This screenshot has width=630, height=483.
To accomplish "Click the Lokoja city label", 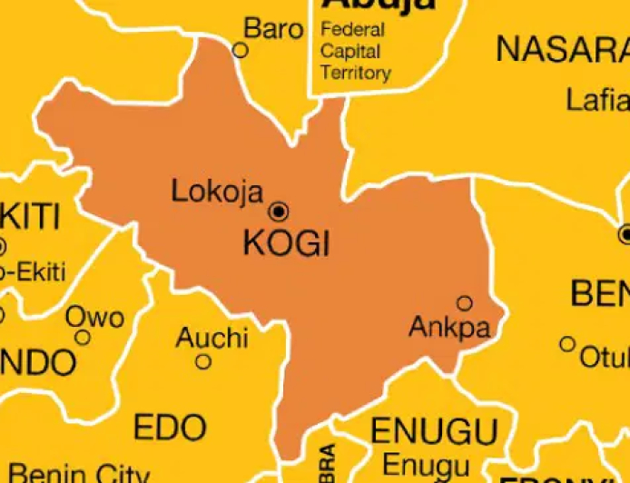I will click(x=217, y=192).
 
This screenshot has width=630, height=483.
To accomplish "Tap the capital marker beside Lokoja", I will click(x=279, y=212).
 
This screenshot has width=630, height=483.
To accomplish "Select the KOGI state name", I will click(x=286, y=243).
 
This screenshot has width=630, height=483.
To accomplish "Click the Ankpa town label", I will click(x=449, y=327).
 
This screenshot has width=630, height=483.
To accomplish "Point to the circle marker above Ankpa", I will click(x=465, y=303).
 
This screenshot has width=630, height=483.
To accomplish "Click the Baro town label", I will click(x=273, y=29).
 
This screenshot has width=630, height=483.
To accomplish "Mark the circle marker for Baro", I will click(x=241, y=50).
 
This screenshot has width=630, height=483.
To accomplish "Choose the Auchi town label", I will click(x=212, y=338).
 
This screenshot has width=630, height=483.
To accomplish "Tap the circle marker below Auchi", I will click(x=203, y=361).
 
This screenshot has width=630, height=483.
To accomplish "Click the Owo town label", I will click(x=94, y=317).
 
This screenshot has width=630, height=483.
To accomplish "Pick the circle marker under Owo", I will click(x=83, y=338).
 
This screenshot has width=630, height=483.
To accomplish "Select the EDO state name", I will click(x=170, y=426).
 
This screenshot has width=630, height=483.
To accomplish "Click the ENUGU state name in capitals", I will click(x=434, y=430).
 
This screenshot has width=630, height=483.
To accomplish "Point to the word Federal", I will click(x=352, y=29).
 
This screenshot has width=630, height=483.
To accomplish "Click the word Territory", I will click(x=356, y=73).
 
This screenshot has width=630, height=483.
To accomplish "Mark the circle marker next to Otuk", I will click(x=567, y=344).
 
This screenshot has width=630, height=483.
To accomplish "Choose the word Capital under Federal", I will click(x=350, y=51).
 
